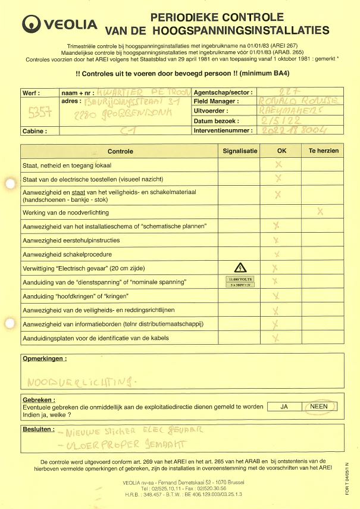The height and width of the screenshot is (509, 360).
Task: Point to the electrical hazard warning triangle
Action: point(238,267)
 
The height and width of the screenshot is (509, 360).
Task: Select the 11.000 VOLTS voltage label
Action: point(238,278)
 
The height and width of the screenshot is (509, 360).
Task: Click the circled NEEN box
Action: point(320,407)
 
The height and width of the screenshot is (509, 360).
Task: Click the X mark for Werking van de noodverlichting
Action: point(321,211)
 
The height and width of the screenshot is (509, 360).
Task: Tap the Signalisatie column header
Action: point(240,151)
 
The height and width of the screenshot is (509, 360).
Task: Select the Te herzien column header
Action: point(323,151)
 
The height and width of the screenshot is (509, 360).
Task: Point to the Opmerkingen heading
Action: point(44,359)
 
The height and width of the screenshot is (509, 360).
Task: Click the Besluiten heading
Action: point(39,429)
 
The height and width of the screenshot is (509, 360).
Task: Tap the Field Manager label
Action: point(217,102)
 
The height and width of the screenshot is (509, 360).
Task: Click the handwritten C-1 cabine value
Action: point(127,130)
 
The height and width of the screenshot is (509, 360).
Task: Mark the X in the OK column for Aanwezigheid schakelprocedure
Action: point(277,254)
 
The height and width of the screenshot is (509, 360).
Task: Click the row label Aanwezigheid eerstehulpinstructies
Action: point(71,241)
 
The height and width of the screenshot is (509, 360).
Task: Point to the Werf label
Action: point(31,93)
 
